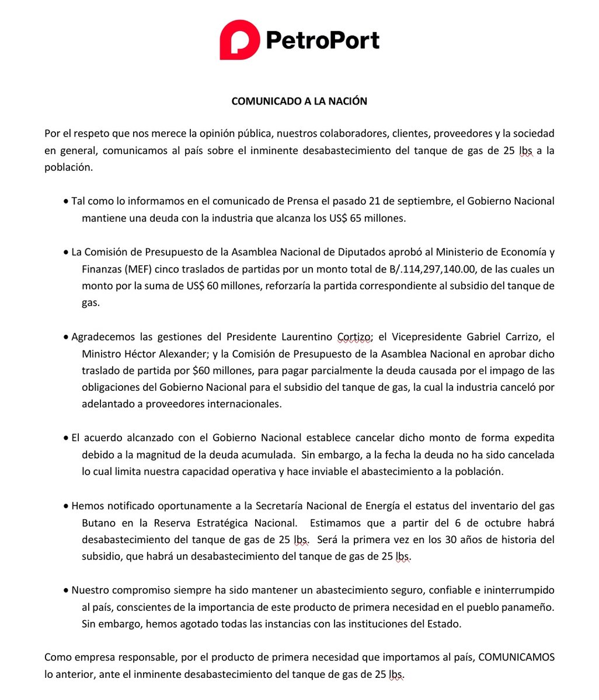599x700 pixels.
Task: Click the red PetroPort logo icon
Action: [239, 40]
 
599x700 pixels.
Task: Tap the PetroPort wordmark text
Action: [323, 40]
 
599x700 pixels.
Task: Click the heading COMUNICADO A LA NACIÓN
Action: [299, 101]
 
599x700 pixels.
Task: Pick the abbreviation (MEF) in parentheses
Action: [135, 269]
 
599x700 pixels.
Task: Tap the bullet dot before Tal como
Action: [66, 202]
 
